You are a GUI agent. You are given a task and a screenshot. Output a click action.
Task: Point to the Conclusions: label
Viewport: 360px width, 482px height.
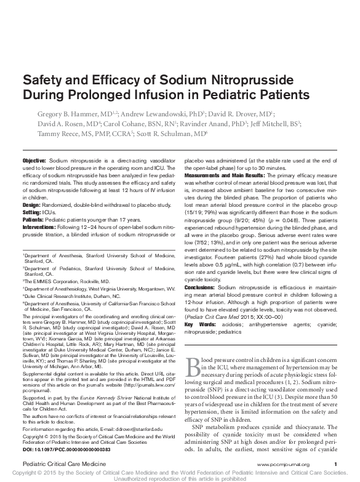[201, 288]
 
